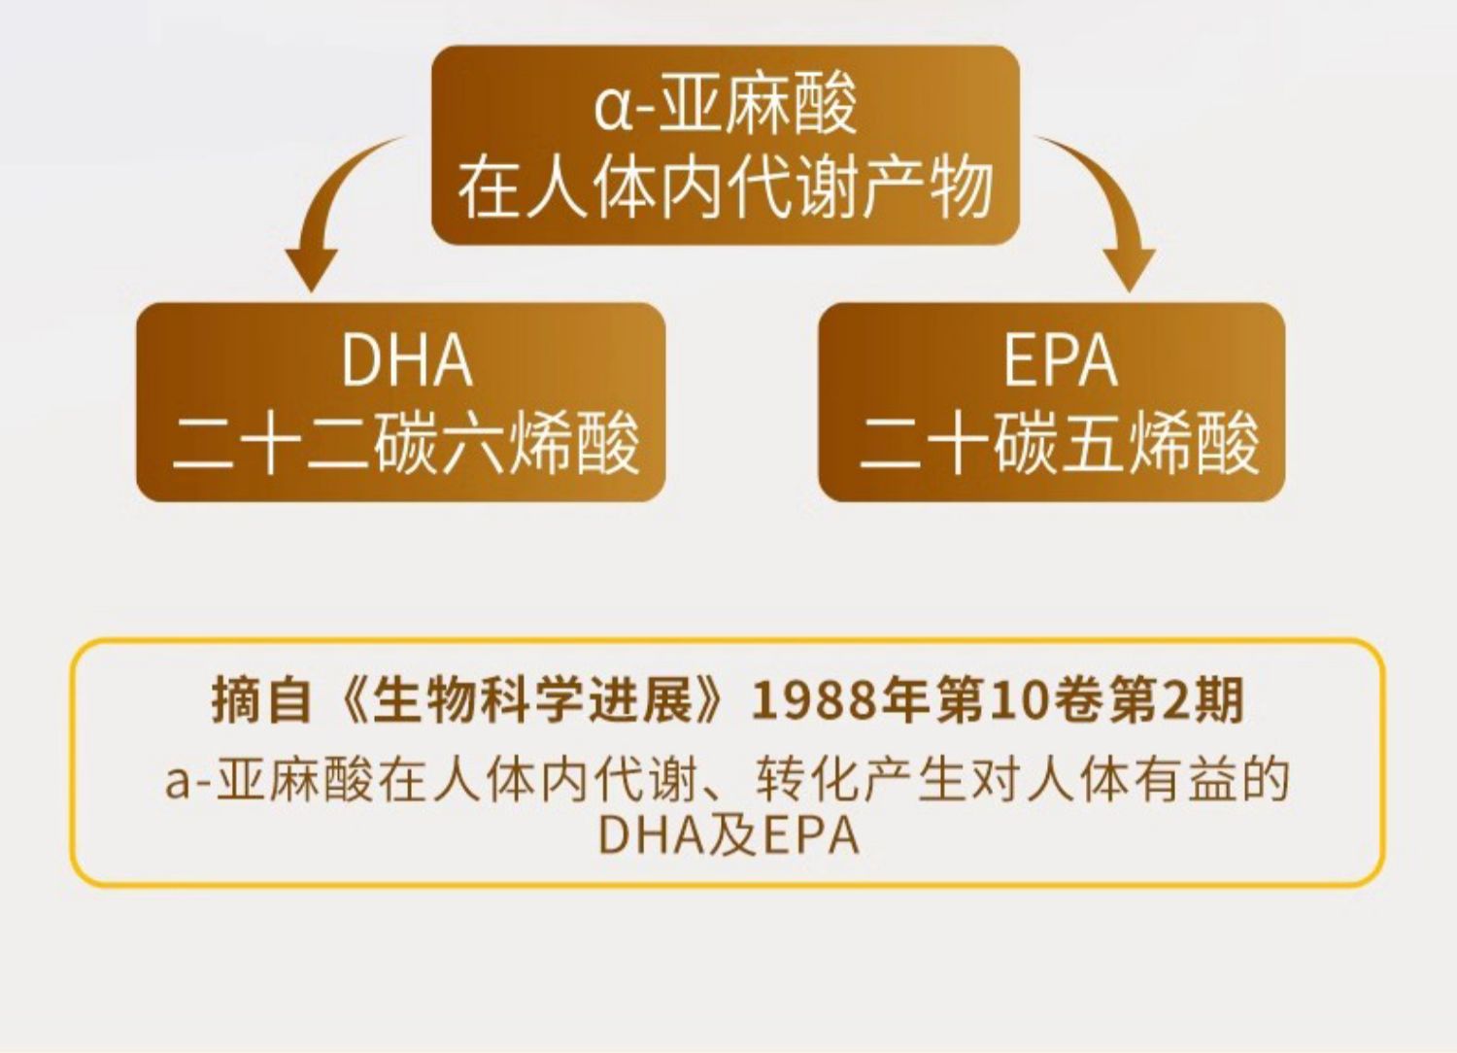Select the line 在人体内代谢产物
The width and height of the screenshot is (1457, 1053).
(726, 188)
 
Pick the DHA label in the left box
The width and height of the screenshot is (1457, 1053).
(407, 359)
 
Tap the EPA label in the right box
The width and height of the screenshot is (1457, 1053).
(1061, 359)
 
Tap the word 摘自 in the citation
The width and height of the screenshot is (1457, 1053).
(261, 701)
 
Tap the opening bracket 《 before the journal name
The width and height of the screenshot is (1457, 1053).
(352, 701)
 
